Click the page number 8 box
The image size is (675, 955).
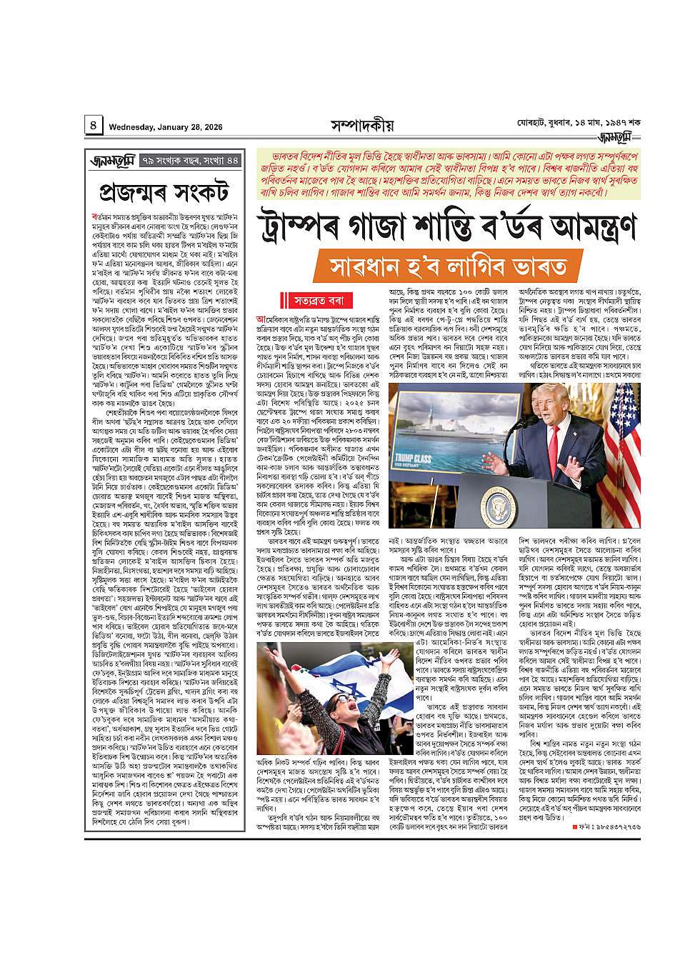coord(94,126)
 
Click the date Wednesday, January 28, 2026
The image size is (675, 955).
coord(166,127)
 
